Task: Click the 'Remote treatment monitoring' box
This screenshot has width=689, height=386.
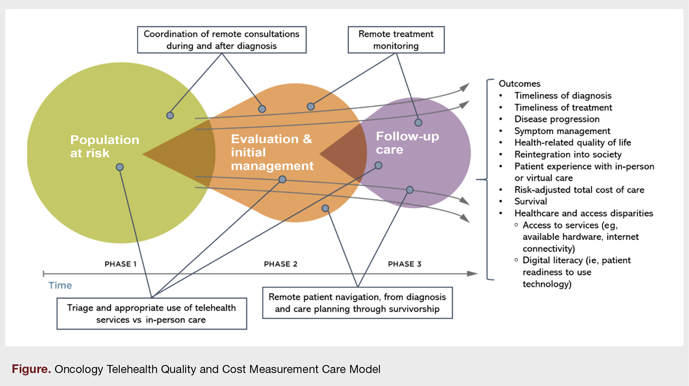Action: click(396, 40)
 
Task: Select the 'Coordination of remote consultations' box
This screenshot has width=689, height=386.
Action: click(222, 40)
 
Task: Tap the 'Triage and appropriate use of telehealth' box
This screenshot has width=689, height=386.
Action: click(151, 313)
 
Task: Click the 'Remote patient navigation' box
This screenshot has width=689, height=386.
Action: click(357, 303)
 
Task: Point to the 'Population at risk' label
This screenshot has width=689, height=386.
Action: click(104, 146)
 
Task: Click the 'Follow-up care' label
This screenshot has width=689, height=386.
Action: click(407, 143)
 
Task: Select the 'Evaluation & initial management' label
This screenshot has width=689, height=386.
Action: click(272, 152)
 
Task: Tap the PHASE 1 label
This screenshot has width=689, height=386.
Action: click(120, 264)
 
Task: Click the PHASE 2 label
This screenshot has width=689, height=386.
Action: click(280, 264)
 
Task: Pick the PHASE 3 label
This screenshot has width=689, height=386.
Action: click(405, 264)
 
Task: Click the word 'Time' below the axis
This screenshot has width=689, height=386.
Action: click(60, 285)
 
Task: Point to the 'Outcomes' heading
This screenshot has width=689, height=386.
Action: click(519, 84)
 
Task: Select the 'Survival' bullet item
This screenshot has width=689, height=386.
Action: click(530, 201)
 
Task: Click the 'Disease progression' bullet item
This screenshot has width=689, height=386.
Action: click(557, 119)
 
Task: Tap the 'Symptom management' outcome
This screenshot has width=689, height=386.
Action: click(562, 131)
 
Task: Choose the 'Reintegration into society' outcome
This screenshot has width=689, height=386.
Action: click(568, 154)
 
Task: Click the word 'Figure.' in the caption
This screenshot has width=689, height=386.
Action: click(31, 369)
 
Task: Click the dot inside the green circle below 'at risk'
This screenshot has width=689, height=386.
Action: click(120, 167)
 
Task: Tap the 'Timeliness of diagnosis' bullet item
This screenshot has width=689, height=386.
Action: click(563, 96)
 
